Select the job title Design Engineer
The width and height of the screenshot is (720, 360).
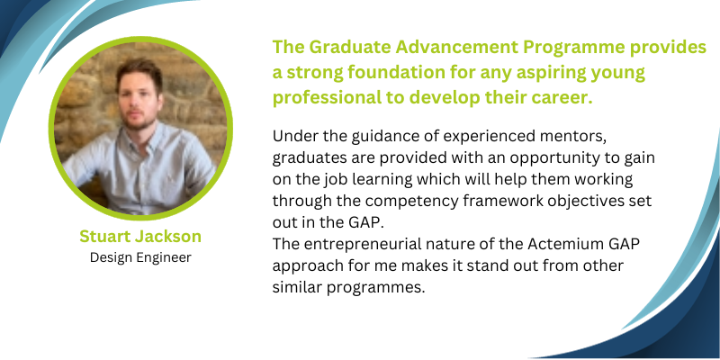(x=140, y=257)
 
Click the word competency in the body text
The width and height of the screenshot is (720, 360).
(x=416, y=202)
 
